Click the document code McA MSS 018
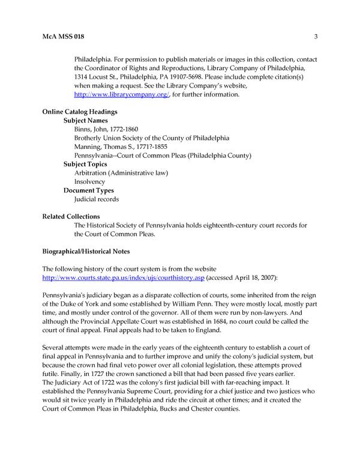(63, 37)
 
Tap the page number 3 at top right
(316, 37)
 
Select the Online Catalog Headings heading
(79, 112)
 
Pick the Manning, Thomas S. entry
(122, 147)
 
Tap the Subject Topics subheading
(85, 164)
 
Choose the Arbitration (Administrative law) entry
(121, 173)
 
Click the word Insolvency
(89, 181)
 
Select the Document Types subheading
(88, 190)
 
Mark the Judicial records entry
(96, 199)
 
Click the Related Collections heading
(71, 216)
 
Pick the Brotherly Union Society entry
(151, 138)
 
